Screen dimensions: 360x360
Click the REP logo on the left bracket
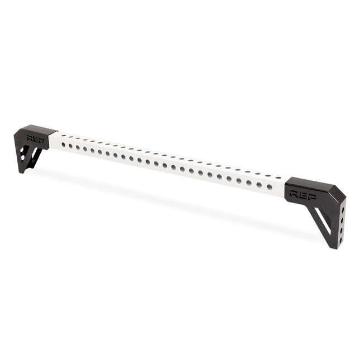coord(36,138)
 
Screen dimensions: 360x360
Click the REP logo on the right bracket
coord(303,194)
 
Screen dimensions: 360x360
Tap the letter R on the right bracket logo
coord(294,193)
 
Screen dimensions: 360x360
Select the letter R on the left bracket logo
coord(30,138)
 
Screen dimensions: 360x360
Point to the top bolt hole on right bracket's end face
coord(343,210)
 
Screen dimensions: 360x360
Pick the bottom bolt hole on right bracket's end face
coord(340,241)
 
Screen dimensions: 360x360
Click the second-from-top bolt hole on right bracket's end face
coord(342,220)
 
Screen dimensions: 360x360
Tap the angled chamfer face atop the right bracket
coord(338,192)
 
